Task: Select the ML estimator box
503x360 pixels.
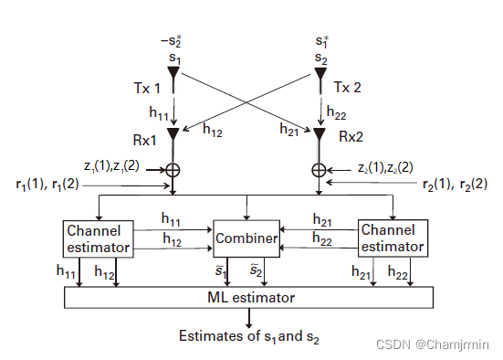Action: point(248,297)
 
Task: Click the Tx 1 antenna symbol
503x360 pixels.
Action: point(173,73)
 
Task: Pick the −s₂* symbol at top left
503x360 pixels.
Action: point(173,41)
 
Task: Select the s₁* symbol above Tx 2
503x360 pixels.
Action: point(320,41)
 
